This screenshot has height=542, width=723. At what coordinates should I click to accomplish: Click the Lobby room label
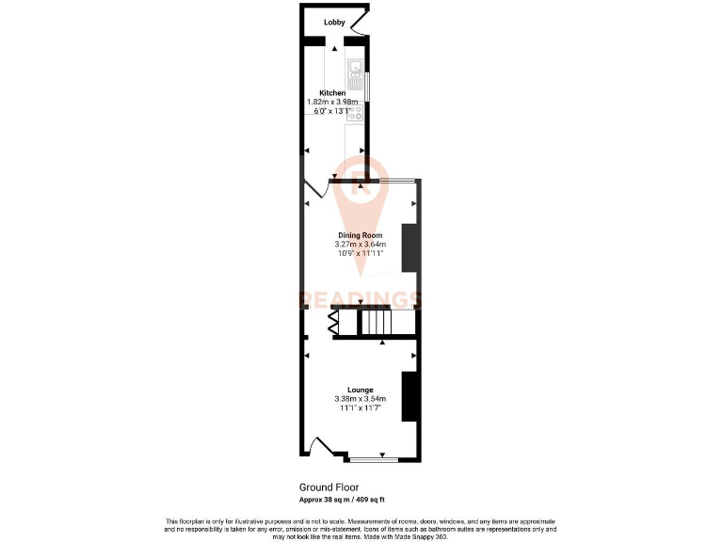coord(334,23)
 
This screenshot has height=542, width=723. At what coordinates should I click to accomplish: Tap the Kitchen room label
coord(332,92)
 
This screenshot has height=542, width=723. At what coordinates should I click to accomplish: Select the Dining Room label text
coord(361,235)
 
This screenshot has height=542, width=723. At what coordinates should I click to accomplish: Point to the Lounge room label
coord(361,390)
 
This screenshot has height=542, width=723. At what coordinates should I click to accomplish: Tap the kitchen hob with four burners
coord(356,114)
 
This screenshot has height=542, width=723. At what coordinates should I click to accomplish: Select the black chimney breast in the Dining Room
coord(410,247)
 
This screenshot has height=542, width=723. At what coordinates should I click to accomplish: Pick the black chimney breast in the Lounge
coord(410,396)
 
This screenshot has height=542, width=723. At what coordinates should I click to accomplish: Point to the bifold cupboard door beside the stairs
coord(333,324)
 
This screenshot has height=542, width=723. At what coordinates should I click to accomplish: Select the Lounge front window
coord(373,460)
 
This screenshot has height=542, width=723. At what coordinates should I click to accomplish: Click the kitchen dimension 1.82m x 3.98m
coord(333,102)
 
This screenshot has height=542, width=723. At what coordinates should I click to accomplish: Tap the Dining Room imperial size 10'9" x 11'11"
coord(361,253)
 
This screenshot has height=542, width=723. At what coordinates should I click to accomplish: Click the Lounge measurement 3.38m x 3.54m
coord(361,399)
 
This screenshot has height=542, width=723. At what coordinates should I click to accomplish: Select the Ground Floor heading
coord(329,487)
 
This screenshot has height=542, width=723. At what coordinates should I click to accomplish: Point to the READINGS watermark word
coord(361,300)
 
